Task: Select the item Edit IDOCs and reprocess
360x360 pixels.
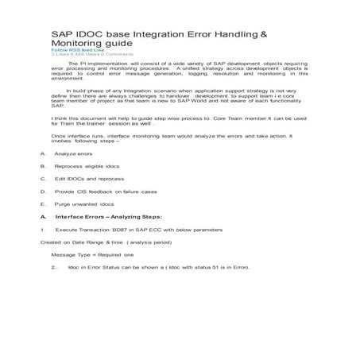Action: (x=91, y=202)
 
